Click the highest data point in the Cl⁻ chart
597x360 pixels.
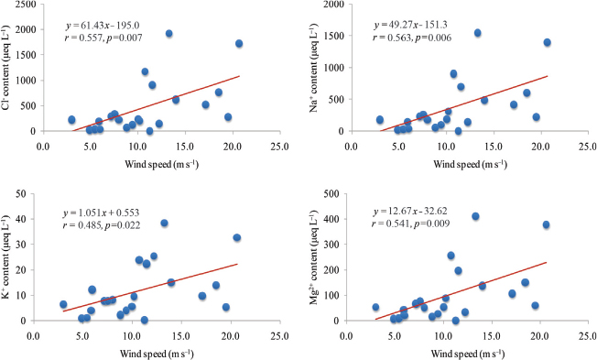[169, 34]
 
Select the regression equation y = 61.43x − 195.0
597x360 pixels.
[103, 26]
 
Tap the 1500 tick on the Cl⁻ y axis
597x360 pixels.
[26, 55]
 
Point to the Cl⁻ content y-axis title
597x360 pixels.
[5, 68]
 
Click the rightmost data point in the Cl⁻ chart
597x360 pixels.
[239, 43]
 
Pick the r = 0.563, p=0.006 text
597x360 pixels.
[412, 38]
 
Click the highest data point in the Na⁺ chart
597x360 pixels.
[477, 33]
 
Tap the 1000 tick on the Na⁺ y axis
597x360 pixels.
[334, 68]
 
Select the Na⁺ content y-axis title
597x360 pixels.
[313, 68]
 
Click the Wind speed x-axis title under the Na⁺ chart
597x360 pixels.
[471, 164]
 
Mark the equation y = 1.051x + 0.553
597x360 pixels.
[102, 213]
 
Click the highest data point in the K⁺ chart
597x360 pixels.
[164, 224]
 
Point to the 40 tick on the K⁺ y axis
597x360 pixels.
[21, 219]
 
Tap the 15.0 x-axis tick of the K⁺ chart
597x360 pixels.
[181, 337]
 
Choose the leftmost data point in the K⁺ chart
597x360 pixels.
[63, 304]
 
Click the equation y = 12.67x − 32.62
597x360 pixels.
[410, 211]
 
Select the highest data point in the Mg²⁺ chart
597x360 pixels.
[475, 216]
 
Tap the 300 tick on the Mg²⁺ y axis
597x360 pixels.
[331, 245]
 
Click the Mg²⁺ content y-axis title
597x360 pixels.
[313, 257]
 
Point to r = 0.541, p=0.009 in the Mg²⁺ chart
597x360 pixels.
[410, 224]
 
